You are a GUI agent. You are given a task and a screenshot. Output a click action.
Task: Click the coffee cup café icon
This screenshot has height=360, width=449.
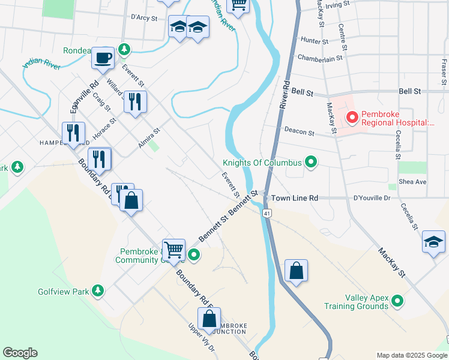[103, 58]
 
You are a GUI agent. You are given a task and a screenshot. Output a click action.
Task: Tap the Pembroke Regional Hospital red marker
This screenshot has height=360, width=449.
[352, 117]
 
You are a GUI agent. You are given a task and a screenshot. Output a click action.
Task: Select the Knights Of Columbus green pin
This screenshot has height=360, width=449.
[311, 162]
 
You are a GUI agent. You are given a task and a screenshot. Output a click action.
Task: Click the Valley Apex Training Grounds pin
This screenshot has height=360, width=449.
[397, 301]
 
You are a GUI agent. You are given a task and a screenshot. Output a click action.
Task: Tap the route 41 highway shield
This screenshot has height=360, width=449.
[266, 212]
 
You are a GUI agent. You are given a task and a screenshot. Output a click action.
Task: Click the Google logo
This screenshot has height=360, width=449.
[20, 353]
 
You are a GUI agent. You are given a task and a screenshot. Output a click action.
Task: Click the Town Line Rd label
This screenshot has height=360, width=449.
[294, 198]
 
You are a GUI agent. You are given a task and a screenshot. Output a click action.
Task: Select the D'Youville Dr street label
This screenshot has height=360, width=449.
[372, 197]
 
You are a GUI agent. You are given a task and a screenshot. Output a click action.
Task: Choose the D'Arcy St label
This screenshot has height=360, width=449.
[143, 18]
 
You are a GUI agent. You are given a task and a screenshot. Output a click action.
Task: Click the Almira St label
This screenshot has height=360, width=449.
[149, 138]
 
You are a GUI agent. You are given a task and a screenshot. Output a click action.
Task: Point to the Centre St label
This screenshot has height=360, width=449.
[342, 37]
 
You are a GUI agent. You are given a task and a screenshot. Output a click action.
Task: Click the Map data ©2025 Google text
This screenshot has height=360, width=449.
[411, 355]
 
